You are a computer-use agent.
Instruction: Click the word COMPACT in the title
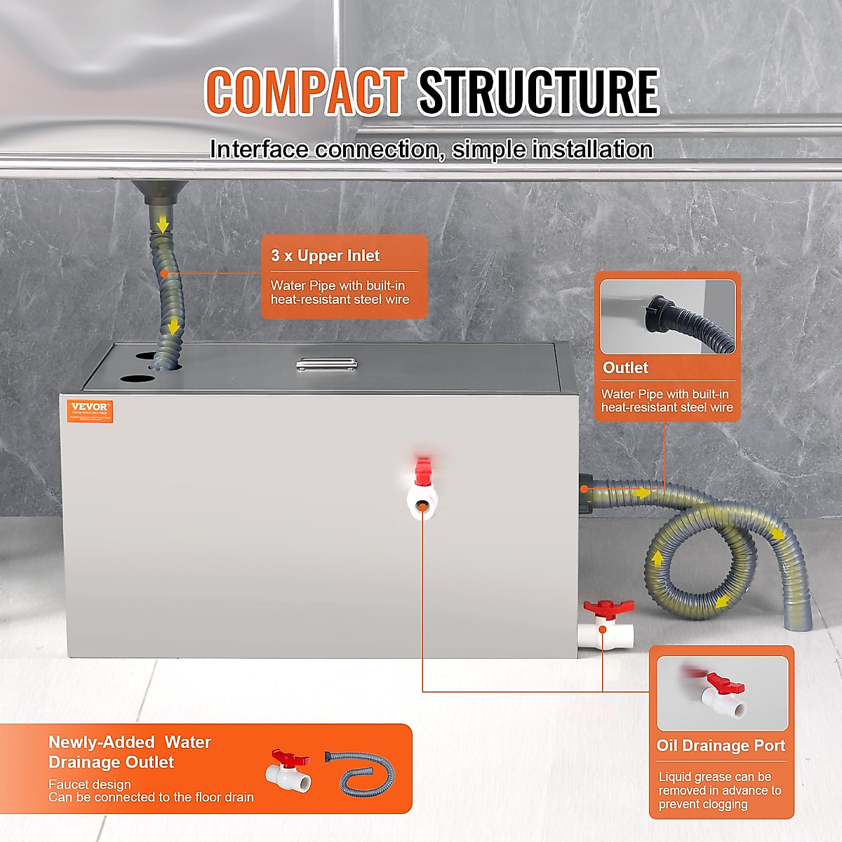pyautogui.click(x=305, y=92)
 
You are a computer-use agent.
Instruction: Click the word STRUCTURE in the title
pyautogui.click(x=539, y=92)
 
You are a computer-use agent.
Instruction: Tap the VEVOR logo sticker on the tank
pyautogui.click(x=90, y=410)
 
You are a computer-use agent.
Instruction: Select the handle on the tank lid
pyautogui.click(x=326, y=364)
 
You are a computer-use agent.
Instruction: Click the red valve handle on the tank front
pyautogui.click(x=422, y=472)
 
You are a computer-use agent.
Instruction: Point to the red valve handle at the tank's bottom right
pyautogui.click(x=608, y=608)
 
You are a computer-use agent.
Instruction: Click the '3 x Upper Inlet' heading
pyautogui.click(x=325, y=256)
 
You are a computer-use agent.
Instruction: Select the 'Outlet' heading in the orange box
pyautogui.click(x=625, y=368)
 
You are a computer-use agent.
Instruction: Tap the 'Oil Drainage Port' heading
pyautogui.click(x=721, y=746)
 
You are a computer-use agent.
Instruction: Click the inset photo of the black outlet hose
pyautogui.click(x=667, y=317)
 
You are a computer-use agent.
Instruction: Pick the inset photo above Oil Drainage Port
pyautogui.click(x=722, y=693)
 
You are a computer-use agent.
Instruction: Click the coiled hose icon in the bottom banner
pyautogui.click(x=359, y=772)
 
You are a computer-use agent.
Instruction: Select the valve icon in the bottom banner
pyautogui.click(x=288, y=770)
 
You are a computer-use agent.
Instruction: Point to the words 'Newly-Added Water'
pyautogui.click(x=129, y=742)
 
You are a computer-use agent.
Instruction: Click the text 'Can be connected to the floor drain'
pyautogui.click(x=151, y=797)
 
